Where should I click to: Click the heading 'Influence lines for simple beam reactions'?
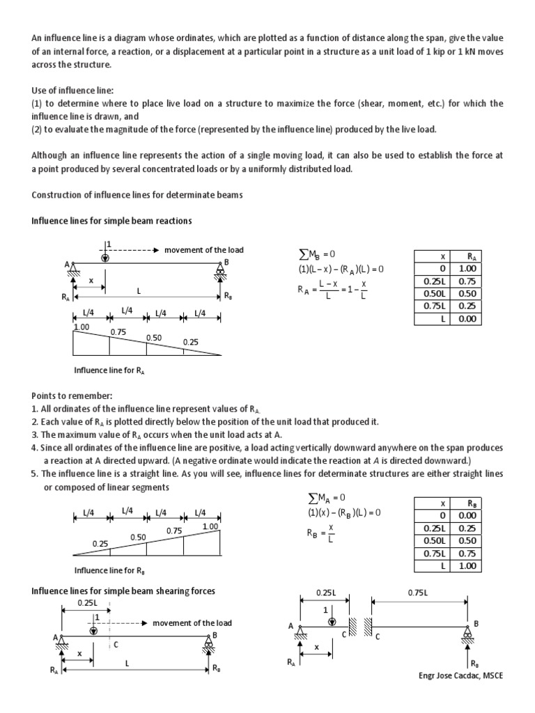click(x=112, y=221)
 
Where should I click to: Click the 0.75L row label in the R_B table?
click(x=433, y=554)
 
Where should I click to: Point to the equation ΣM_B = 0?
click(x=321, y=255)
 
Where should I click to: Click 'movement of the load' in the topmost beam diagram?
click(x=204, y=250)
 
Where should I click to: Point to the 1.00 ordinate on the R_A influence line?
click(x=82, y=327)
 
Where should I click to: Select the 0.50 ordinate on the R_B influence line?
click(x=138, y=537)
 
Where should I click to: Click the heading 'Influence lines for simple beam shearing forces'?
click(x=123, y=590)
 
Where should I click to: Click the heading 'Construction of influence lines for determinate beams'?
click(x=137, y=195)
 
